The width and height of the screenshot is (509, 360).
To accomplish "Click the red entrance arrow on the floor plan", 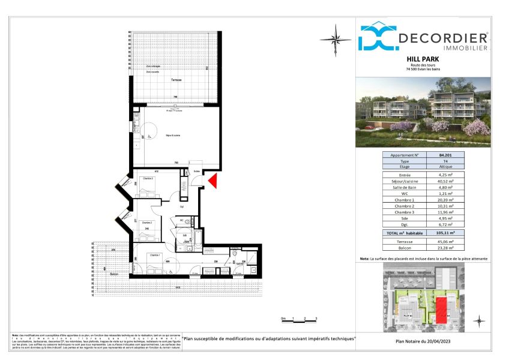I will coord(213,180).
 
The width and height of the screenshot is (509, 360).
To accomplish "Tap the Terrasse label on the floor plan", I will coord(158,80).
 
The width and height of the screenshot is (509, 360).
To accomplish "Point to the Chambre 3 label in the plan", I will coord(148,179).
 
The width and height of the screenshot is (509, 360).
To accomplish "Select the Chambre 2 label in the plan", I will coord(148,223).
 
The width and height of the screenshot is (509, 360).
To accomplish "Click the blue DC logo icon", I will coord(377,37).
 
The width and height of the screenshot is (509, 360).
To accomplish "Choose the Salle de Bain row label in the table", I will coord(405,187).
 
